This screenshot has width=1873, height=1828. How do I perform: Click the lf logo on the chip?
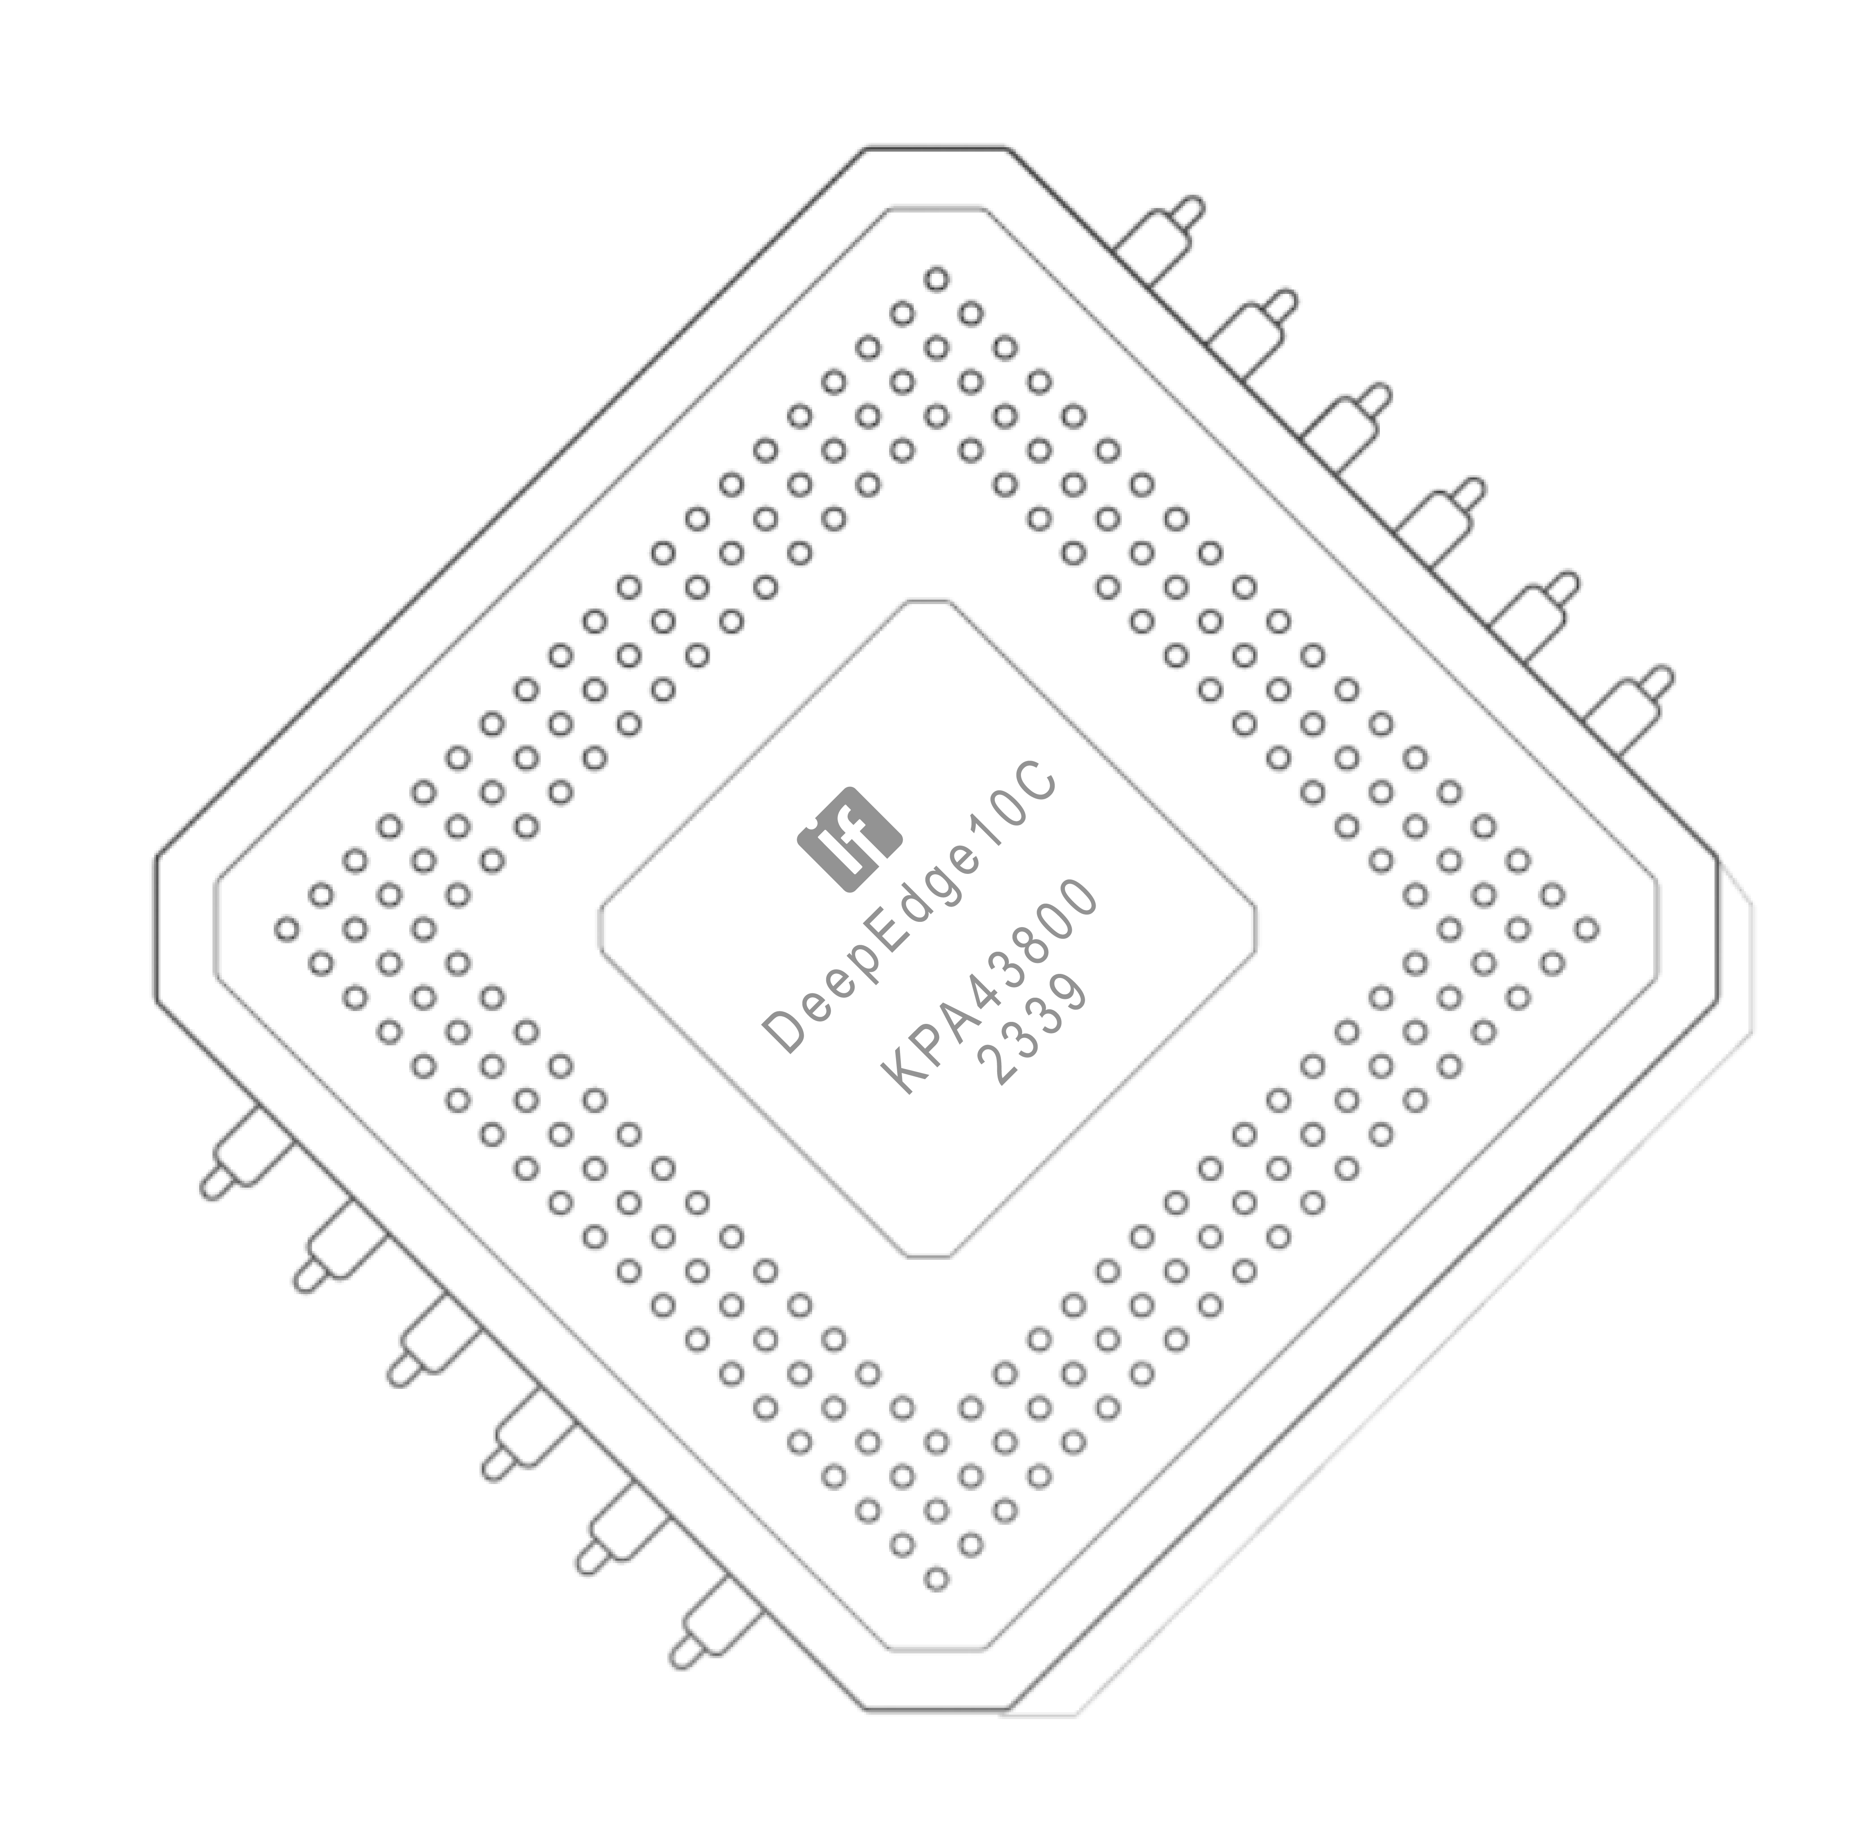(x=849, y=839)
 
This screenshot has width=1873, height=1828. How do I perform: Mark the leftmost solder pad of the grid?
(x=286, y=928)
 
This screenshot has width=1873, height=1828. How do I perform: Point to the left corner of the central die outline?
(x=600, y=928)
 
